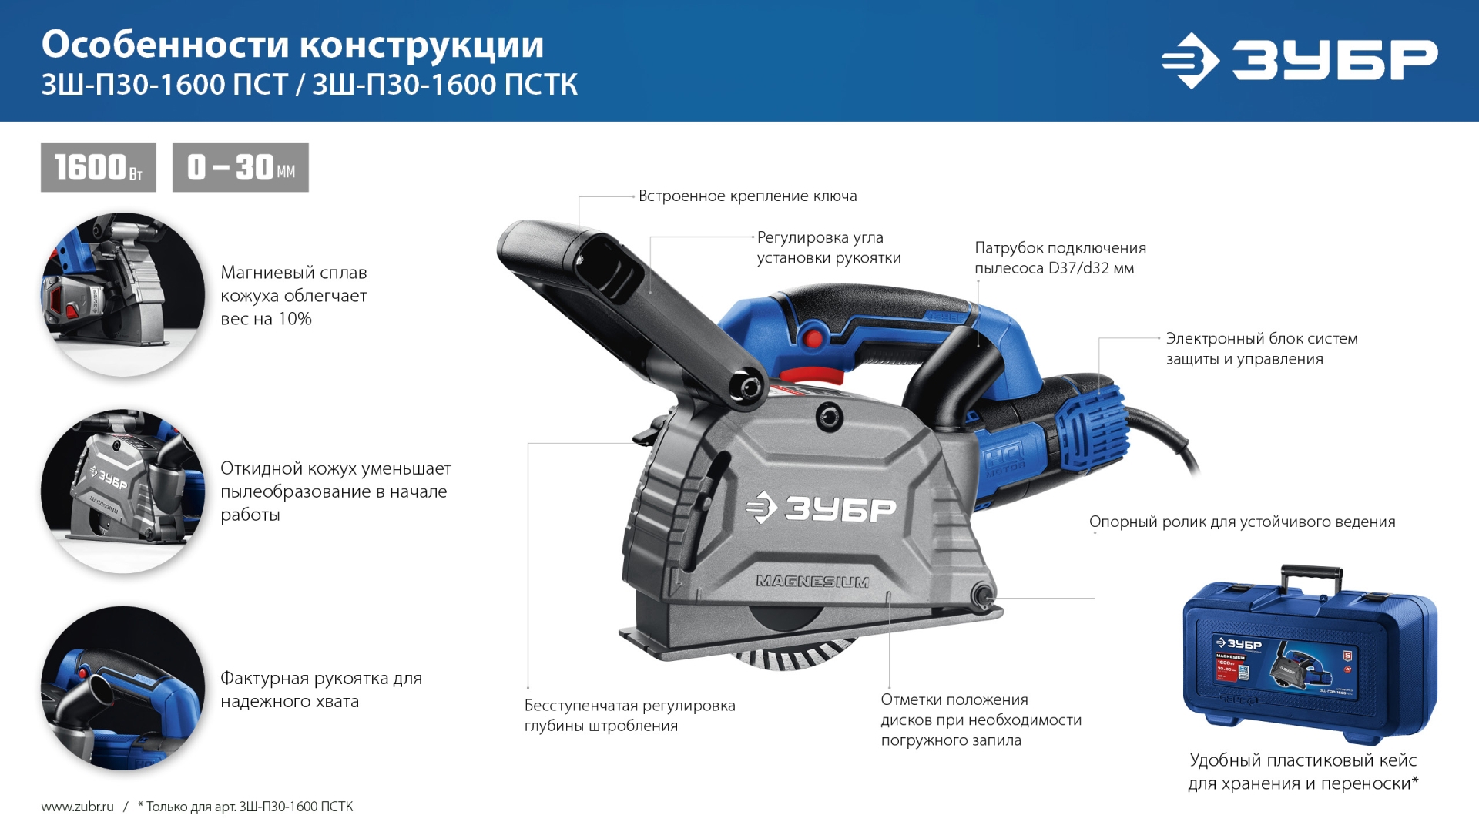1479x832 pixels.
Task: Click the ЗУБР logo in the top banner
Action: [x=1300, y=60]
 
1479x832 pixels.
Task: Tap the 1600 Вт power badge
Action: [x=99, y=167]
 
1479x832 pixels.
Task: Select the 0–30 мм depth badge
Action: [x=240, y=167]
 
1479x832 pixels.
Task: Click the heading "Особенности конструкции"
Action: [x=293, y=45]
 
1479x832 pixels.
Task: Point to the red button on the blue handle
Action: [x=811, y=338]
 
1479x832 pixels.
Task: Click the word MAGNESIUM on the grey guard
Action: [x=812, y=582]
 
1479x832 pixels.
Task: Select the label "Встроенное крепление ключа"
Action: [x=747, y=196]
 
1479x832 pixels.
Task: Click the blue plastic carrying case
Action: [x=1310, y=659]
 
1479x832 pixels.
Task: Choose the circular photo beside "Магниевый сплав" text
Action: [x=123, y=295]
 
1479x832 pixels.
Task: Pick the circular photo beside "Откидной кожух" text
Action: [x=123, y=491]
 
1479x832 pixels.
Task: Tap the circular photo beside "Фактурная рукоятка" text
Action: [x=123, y=688]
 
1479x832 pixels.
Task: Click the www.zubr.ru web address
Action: [x=77, y=807]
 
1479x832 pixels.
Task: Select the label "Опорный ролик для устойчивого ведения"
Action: [x=1242, y=522]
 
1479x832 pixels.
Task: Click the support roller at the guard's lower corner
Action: [x=982, y=594]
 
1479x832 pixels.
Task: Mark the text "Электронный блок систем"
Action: [x=1261, y=339]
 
